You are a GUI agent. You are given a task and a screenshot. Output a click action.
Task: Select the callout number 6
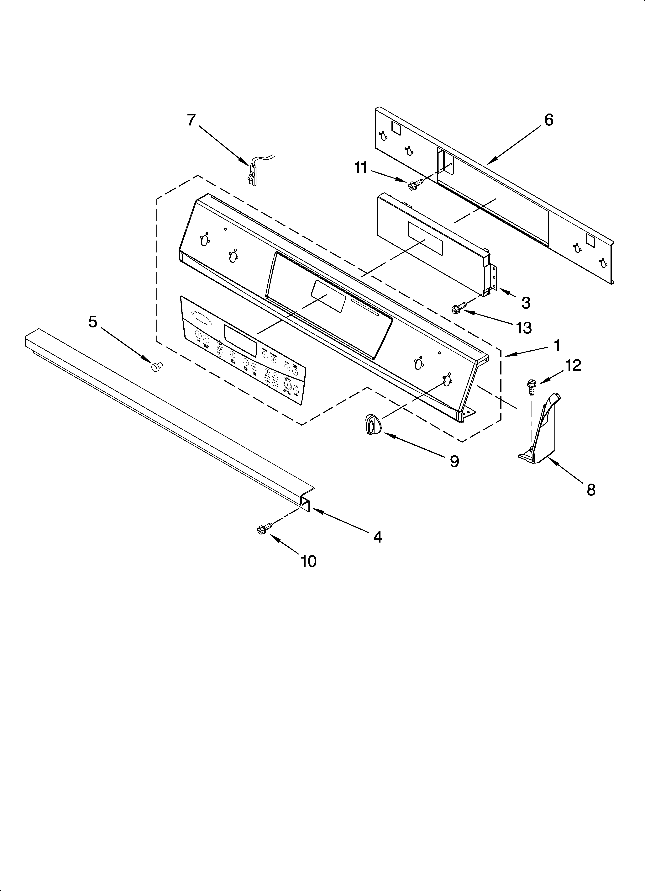(x=549, y=120)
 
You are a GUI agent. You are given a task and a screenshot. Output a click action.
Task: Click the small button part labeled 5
(x=157, y=367)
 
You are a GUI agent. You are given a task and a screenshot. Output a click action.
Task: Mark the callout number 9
(x=454, y=461)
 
